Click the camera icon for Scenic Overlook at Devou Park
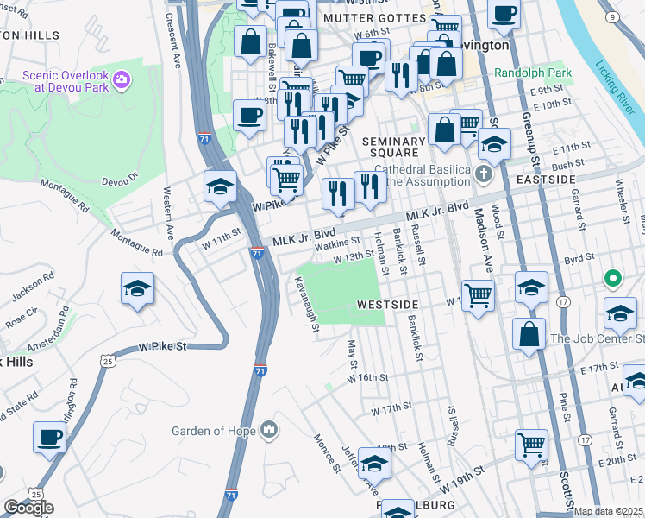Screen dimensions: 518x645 coord(122,80)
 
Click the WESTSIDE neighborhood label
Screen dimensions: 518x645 coord(387,306)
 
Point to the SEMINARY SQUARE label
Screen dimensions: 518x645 coord(394,148)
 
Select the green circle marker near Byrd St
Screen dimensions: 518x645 coord(613,279)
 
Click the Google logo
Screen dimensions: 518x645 coord(28,508)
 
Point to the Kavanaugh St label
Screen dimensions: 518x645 coord(306,304)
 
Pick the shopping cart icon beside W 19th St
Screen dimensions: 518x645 coord(531,445)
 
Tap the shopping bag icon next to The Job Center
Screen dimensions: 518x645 coord(529,333)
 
